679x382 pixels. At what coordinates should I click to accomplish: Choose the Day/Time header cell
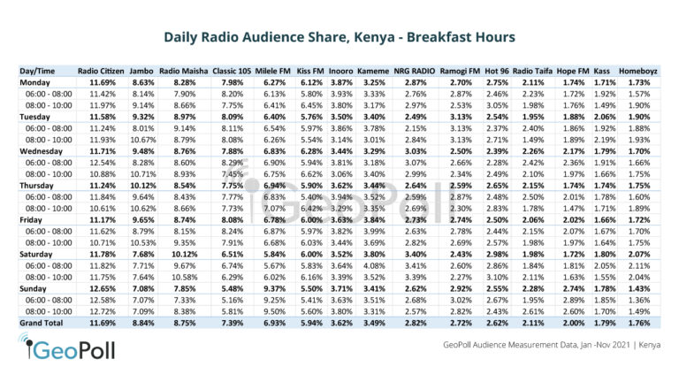click(40, 69)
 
